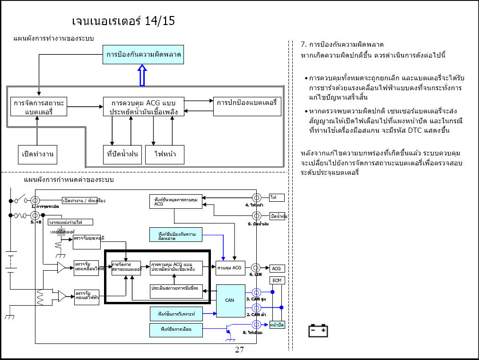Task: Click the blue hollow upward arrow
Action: pyautogui.click(x=142, y=76)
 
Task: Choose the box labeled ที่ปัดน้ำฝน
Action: pyautogui.click(x=123, y=154)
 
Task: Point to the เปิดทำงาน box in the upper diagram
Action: pyautogui.click(x=37, y=154)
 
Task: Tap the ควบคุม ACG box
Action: pyautogui.click(x=230, y=268)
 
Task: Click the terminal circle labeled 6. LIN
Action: pyautogui.click(x=256, y=268)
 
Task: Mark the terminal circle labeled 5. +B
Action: pyautogui.click(x=35, y=215)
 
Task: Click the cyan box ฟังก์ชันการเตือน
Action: pyautogui.click(x=176, y=329)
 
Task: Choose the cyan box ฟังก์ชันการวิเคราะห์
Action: pyautogui.click(x=176, y=312)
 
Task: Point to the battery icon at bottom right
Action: pyautogui.click(x=318, y=330)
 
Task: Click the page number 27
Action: pyautogui.click(x=239, y=350)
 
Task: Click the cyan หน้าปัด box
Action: pyautogui.click(x=277, y=325)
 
